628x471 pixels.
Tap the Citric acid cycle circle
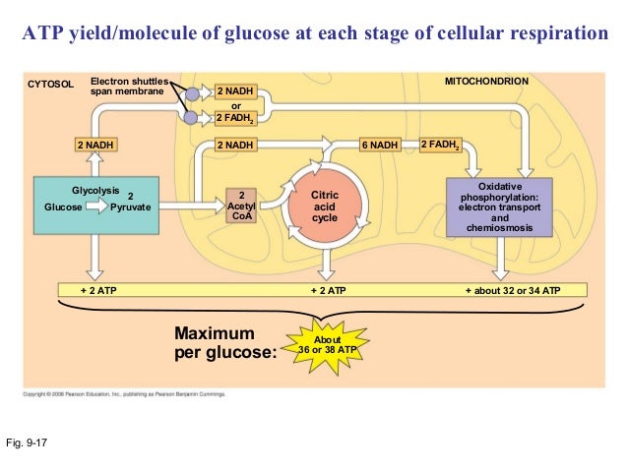click(x=324, y=206)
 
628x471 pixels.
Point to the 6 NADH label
click(x=379, y=146)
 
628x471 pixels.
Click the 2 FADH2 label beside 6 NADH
click(x=440, y=146)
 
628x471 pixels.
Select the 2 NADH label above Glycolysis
click(x=95, y=146)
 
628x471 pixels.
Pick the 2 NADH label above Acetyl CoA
click(x=236, y=146)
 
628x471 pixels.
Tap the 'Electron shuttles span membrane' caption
click(x=129, y=85)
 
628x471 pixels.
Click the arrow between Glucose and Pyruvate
click(x=97, y=207)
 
